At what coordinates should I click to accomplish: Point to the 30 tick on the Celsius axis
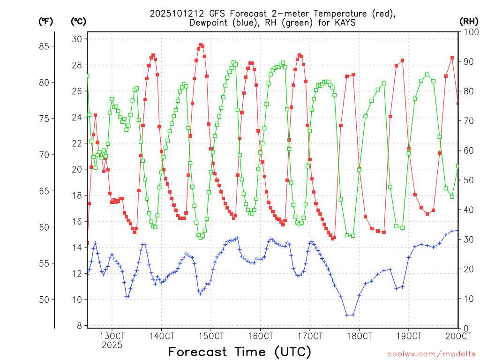click(77, 38)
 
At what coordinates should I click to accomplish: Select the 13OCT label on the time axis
click(112, 336)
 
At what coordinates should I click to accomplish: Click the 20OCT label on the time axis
click(458, 336)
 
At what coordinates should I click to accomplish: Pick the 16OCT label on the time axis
click(261, 336)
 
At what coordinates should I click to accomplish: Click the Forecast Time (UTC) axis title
click(240, 352)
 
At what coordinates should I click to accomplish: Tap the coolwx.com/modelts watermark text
click(431, 354)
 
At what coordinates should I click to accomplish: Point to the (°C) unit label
click(78, 21)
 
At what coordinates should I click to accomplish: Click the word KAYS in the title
click(342, 22)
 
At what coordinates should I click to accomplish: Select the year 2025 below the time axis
click(112, 345)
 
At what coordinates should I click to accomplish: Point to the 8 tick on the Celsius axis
click(79, 325)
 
